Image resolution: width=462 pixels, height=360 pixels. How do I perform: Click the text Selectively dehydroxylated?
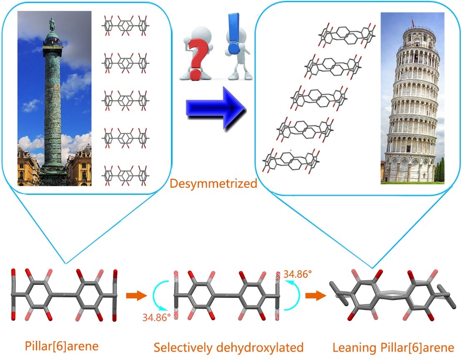228,347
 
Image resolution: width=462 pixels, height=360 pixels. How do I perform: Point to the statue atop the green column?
52,24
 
